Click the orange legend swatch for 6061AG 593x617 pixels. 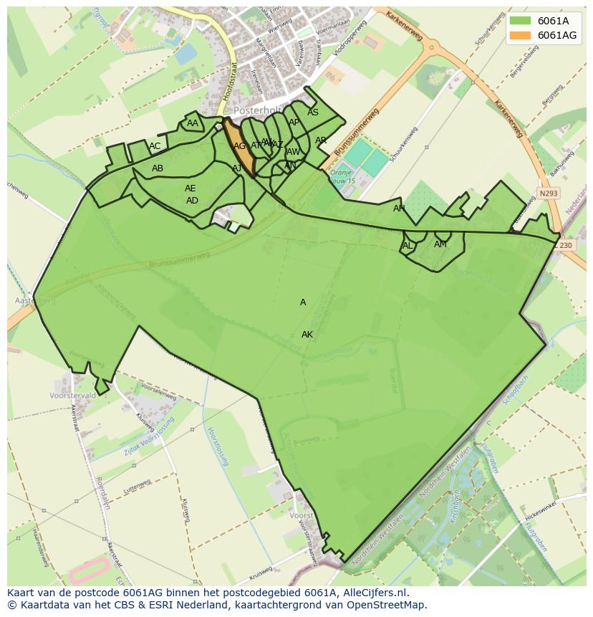[521, 35]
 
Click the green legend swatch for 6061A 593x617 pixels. [521, 20]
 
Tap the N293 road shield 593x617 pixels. [548, 193]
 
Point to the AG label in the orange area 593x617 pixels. [240, 146]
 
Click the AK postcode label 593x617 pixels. [307, 335]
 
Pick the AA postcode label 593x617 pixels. [193, 123]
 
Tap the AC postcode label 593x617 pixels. [155, 146]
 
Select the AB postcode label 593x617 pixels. [158, 168]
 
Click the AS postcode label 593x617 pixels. [313, 113]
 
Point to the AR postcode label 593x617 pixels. [321, 140]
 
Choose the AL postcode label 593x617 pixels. [408, 245]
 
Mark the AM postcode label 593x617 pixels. [440, 244]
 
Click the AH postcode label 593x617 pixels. [399, 209]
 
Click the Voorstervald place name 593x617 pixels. [73, 396]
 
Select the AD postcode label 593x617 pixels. [192, 201]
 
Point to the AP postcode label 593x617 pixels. [294, 123]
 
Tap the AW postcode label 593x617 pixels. [293, 152]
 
